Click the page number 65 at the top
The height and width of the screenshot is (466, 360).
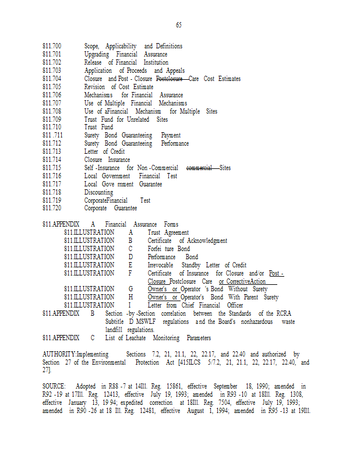(179, 24)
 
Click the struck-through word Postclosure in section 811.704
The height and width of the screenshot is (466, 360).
(170, 79)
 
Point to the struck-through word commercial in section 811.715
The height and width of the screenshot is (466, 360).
(199, 168)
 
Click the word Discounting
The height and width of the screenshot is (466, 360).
(99, 192)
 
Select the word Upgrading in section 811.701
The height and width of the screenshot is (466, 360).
(98, 54)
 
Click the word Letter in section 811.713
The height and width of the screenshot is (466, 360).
(93, 151)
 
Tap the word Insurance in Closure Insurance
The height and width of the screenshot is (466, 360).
(119, 160)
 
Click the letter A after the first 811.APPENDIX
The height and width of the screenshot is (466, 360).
(93, 224)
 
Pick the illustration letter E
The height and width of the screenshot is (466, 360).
(130, 265)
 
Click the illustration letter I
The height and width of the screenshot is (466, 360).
(130, 305)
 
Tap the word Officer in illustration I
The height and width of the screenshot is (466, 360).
(235, 305)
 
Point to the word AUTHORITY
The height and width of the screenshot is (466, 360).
(59, 354)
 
